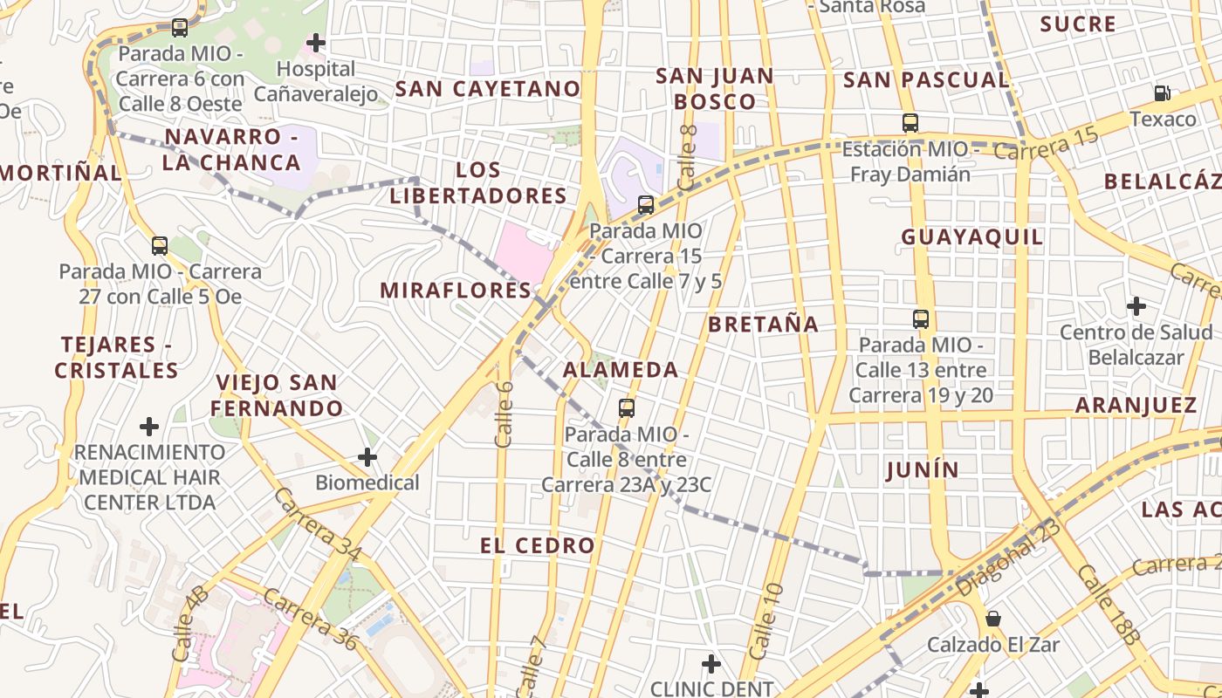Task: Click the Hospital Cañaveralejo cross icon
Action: coord(316,42)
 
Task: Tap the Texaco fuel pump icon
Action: coord(1163,92)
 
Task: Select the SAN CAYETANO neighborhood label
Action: coord(488,88)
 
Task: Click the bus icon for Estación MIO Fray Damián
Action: coord(910,123)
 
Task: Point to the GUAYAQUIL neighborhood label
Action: coord(971,236)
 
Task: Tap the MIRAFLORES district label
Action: coord(456,291)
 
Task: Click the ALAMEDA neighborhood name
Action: coord(621,369)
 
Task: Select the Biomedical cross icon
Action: coord(367,456)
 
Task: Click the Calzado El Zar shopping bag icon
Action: coord(993,619)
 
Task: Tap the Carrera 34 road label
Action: coord(318,524)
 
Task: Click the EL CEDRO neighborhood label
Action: coord(537,546)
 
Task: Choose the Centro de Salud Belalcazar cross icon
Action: coord(1136,306)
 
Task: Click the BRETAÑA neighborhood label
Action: coord(763,325)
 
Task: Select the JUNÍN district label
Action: coord(922,470)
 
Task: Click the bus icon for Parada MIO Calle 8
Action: coord(626,407)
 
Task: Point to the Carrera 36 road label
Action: coord(310,619)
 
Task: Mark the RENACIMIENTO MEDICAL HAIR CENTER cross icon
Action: coord(149,427)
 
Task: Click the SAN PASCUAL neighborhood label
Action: coord(926,80)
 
